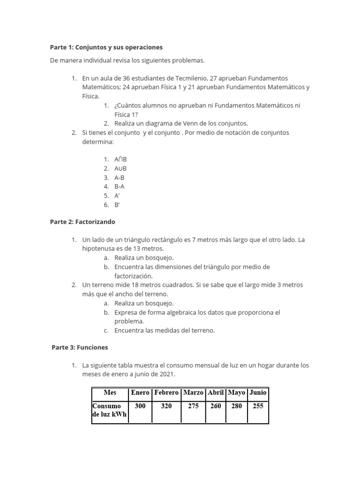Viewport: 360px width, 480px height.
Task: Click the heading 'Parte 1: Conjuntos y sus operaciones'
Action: pos(106,47)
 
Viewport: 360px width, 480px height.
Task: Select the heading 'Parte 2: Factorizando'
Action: pos(82,221)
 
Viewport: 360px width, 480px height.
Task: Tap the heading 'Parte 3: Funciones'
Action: pos(80,347)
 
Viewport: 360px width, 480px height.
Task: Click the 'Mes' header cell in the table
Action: pos(110,392)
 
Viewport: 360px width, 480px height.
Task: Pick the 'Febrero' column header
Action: pos(166,392)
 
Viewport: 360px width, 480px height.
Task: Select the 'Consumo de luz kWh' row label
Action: pos(109,410)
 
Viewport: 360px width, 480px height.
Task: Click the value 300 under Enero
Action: pos(140,406)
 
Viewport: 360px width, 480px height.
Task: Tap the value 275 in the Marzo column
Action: pos(193,406)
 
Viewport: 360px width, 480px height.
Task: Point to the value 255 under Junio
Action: pos(258,406)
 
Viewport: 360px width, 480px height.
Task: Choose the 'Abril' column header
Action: pos(216,392)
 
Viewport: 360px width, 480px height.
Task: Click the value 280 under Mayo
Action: pos(237,406)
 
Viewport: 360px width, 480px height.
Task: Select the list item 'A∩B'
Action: pos(120,159)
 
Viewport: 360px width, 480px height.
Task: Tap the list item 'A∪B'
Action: pos(120,168)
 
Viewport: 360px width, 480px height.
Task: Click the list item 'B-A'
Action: pos(120,187)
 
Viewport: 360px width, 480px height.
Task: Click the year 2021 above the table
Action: pos(166,374)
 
